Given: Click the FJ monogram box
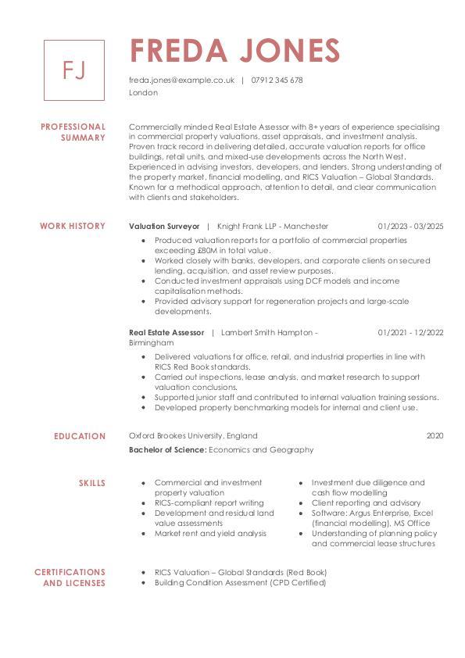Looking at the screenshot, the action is point(73,70).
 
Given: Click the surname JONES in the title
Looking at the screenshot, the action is point(288,51).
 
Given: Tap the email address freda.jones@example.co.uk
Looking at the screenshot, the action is point(181,80).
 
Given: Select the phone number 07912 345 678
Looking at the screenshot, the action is point(277,80).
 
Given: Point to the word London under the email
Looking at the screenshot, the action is point(143,92).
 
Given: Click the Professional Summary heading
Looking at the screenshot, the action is point(73,132).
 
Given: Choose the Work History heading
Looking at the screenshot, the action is point(72,226).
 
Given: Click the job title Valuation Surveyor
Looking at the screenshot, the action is point(164,226).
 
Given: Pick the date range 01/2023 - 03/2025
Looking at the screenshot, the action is point(410,226).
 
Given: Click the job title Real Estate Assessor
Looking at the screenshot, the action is point(166,332).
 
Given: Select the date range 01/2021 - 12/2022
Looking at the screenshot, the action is point(410,332).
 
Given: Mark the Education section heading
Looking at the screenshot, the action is point(80,436).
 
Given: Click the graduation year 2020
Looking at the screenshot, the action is point(435,435).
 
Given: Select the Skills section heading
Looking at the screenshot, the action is point(91,483).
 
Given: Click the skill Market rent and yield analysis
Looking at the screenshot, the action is point(210,534).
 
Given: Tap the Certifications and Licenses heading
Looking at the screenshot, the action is point(70,578).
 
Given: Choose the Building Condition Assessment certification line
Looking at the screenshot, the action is point(240,583).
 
